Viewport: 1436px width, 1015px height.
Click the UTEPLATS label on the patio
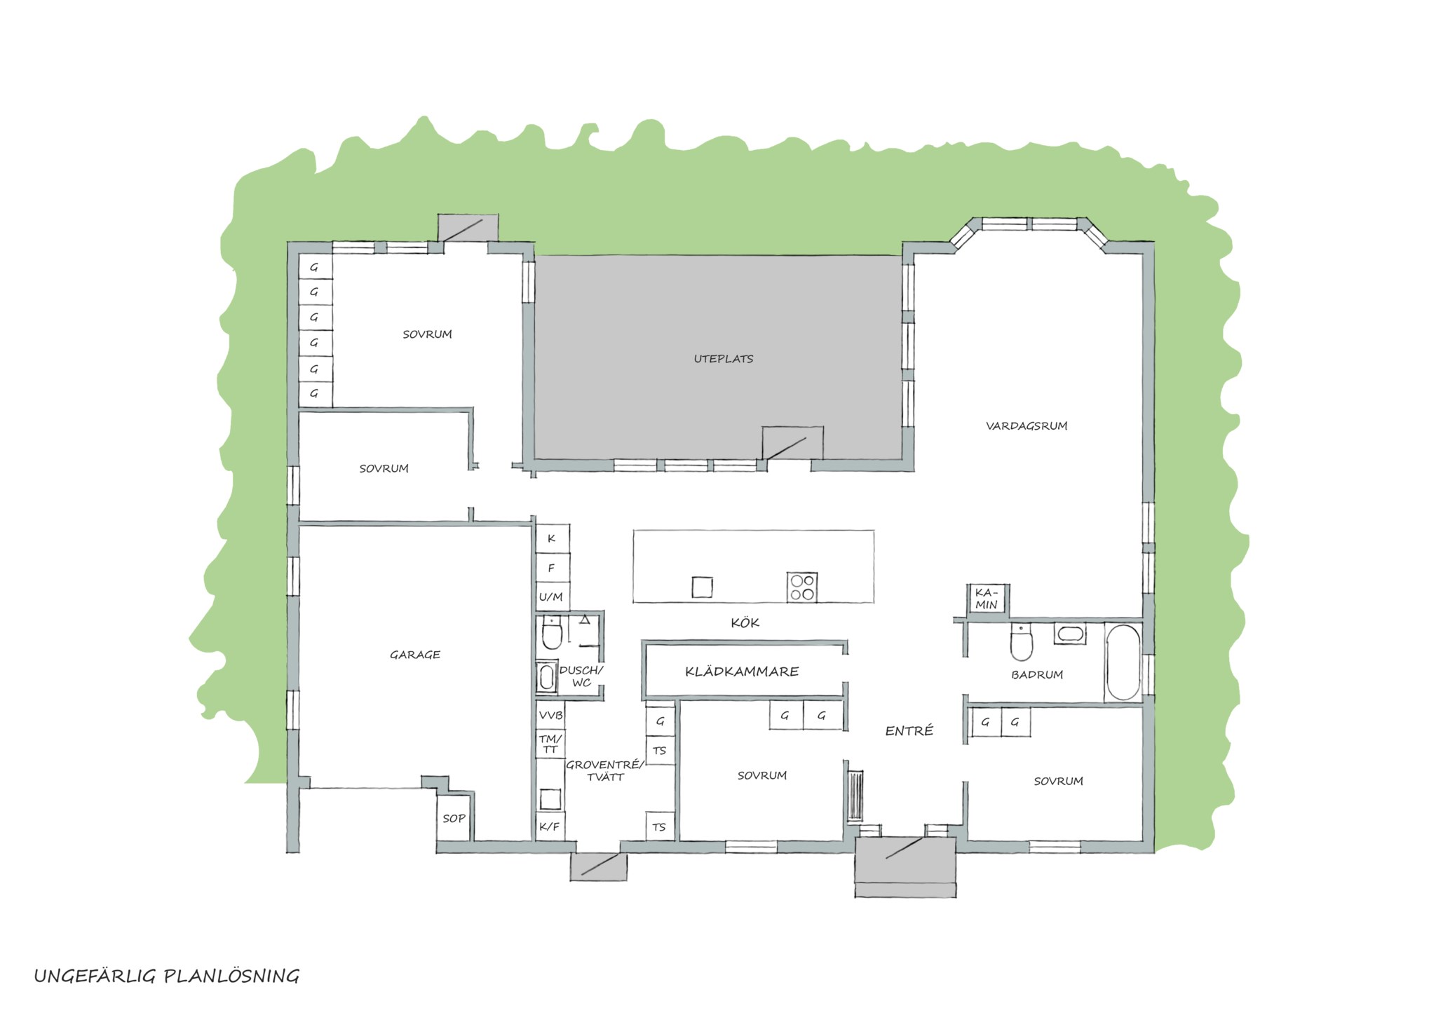724,359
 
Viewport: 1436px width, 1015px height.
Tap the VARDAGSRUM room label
1027,425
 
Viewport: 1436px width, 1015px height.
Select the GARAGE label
415,655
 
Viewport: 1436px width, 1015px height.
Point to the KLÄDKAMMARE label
742,672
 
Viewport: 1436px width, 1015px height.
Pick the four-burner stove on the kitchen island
802,587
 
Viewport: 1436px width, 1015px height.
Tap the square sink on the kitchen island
702,587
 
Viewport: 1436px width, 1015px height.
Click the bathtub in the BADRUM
1123,662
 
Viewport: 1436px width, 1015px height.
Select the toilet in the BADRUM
1021,643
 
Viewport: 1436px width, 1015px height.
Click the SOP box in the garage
454,818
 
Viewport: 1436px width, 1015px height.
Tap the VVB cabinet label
550,716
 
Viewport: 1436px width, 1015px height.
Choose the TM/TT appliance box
550,744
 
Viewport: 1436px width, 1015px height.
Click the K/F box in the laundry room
550,826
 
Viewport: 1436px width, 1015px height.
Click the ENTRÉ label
909,731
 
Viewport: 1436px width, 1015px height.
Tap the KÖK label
745,622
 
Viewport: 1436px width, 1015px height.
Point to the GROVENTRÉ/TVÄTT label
605,770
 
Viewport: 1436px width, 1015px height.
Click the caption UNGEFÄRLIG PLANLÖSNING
167,976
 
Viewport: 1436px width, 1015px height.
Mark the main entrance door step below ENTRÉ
905,867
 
